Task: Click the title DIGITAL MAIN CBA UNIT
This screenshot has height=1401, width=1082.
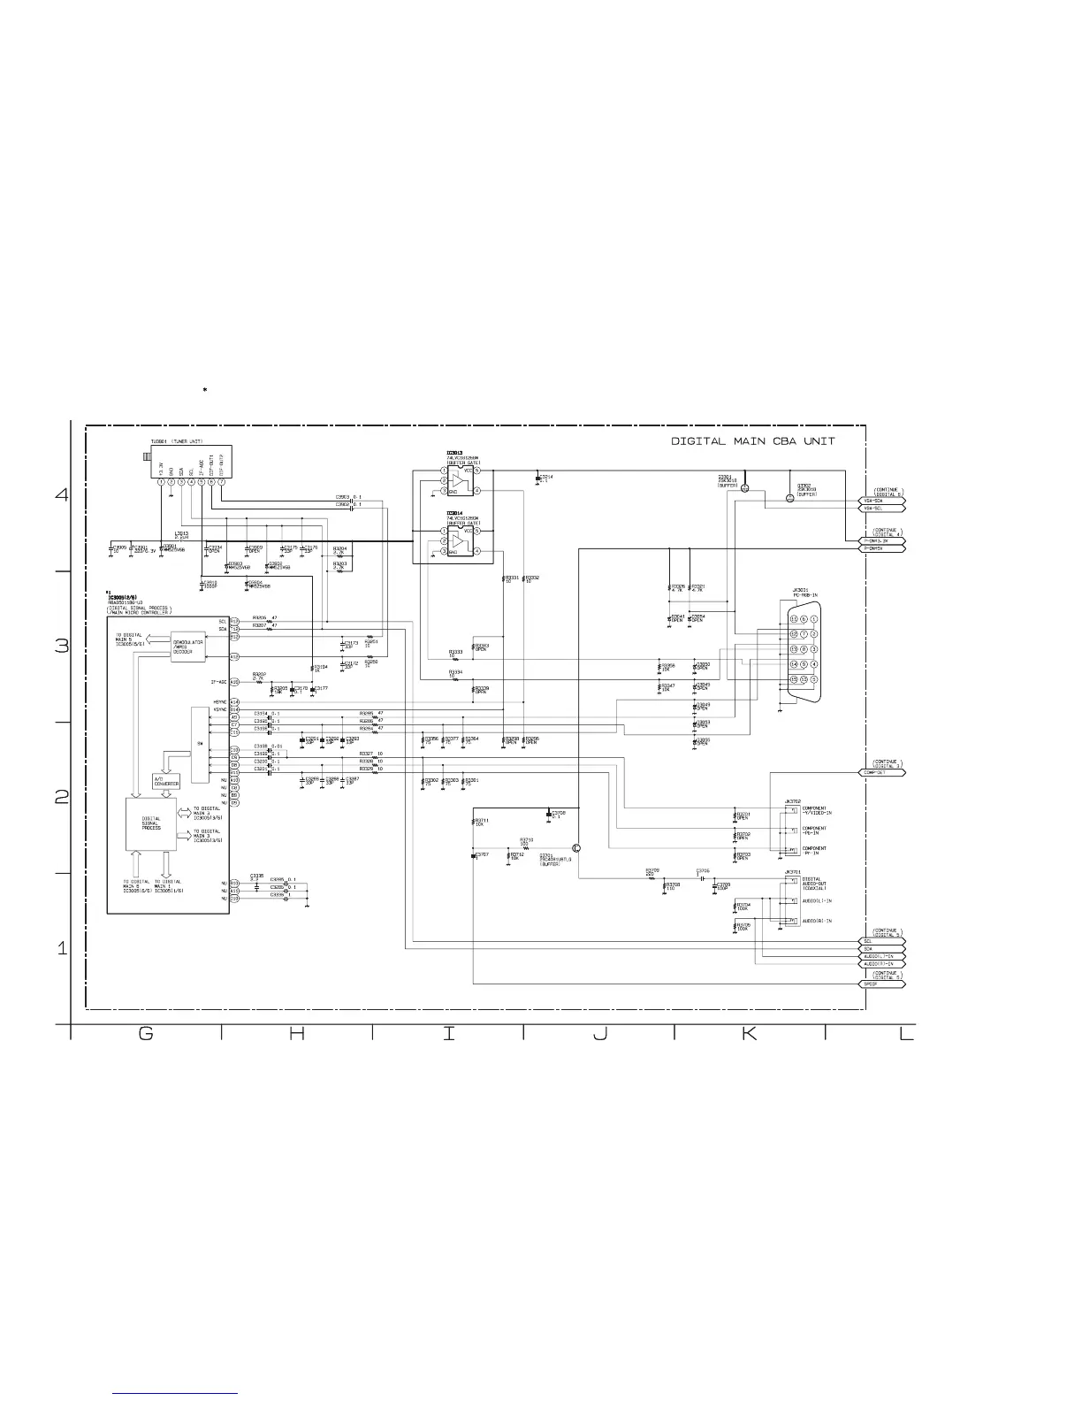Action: click(x=753, y=440)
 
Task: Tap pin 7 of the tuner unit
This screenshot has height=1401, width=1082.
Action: click(x=221, y=481)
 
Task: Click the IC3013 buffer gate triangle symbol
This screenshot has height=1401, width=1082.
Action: click(x=457, y=480)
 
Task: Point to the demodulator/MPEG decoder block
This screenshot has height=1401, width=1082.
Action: click(x=189, y=647)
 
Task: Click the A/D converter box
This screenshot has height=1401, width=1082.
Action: click(x=166, y=781)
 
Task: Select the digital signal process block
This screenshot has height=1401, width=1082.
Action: click(x=151, y=823)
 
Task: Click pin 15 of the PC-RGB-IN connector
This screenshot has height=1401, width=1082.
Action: click(x=794, y=679)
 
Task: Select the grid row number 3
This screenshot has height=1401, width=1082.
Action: click(x=62, y=647)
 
